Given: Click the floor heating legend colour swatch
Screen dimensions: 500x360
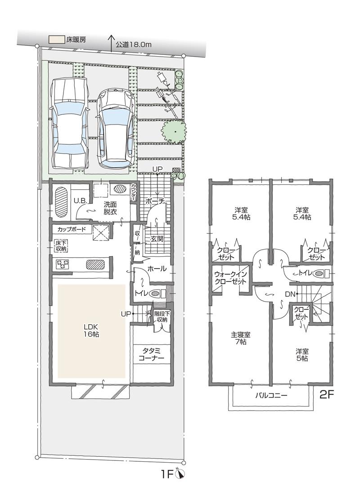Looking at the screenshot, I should (56, 40).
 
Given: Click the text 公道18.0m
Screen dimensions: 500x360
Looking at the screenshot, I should (133, 45).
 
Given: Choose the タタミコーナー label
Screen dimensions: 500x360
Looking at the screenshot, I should (152, 354).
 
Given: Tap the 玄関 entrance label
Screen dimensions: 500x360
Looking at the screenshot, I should (157, 239).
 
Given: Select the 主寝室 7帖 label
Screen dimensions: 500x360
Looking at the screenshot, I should (241, 338).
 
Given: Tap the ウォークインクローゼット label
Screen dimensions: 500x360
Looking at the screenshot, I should (230, 277).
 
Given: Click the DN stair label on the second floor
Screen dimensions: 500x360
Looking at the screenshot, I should (290, 294).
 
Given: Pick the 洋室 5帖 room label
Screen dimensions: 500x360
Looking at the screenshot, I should (301, 355).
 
